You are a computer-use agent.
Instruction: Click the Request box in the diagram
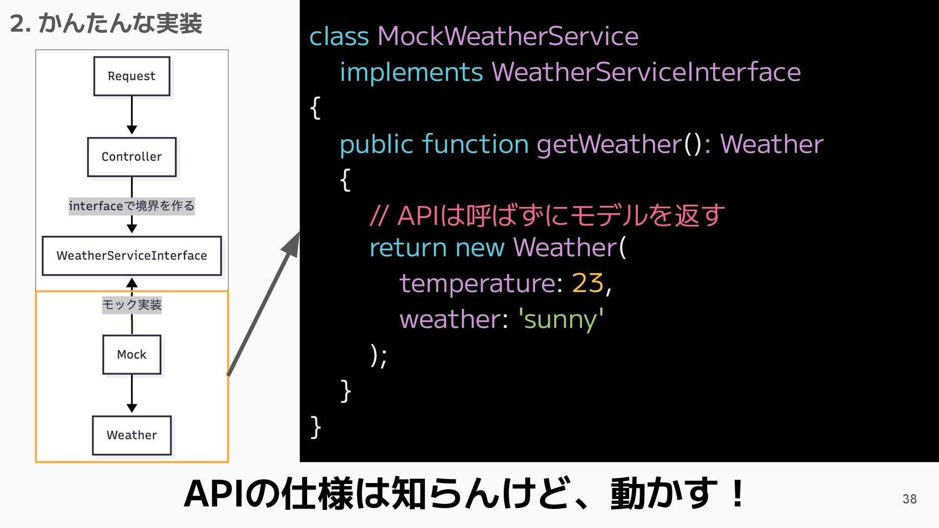click(132, 76)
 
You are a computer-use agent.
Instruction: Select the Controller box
click(132, 157)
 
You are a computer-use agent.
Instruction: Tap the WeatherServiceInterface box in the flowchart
click(132, 256)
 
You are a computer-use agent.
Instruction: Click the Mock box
click(132, 354)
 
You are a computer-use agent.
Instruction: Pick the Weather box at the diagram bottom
click(132, 435)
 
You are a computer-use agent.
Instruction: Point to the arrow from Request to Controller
click(132, 115)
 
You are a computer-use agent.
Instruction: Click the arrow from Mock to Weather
click(132, 394)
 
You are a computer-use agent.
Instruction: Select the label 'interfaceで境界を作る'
click(132, 206)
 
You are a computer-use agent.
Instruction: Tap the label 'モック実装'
click(132, 305)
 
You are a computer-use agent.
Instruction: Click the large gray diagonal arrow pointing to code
click(264, 303)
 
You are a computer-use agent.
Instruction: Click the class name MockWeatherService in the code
click(508, 37)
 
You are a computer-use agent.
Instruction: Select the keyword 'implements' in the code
click(411, 72)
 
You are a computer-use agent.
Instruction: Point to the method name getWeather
click(609, 144)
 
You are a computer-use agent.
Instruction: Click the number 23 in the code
click(587, 283)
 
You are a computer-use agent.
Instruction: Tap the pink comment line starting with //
click(547, 216)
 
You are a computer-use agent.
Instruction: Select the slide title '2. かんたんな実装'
click(106, 23)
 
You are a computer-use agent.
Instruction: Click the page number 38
click(909, 499)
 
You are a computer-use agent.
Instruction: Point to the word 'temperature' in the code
click(477, 283)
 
